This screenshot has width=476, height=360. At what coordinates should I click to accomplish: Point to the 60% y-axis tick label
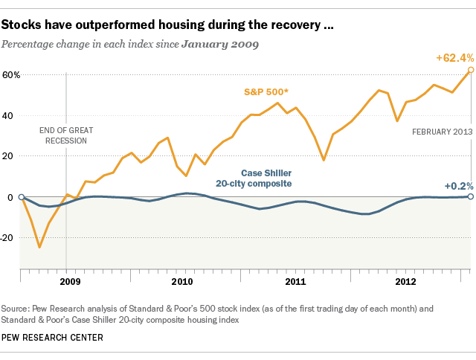click(10, 75)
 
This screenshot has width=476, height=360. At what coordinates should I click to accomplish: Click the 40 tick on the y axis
click(10, 116)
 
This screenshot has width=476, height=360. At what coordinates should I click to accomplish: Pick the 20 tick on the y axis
click(10, 157)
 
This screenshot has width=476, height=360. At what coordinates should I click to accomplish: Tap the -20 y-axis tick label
click(10, 238)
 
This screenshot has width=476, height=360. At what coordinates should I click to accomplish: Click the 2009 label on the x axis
click(69, 283)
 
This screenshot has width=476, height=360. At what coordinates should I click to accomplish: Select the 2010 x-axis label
click(182, 283)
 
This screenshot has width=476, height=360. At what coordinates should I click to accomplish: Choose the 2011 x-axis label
click(295, 283)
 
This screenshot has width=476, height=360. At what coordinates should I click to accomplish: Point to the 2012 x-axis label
click(405, 283)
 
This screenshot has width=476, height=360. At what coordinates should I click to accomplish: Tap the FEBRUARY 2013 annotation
click(442, 132)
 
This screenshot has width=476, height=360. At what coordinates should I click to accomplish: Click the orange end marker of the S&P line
click(470, 70)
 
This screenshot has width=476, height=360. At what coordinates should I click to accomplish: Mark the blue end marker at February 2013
click(470, 196)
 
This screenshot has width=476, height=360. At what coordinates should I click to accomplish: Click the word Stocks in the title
click(22, 25)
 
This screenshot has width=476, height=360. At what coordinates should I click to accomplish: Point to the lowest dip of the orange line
click(39, 247)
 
